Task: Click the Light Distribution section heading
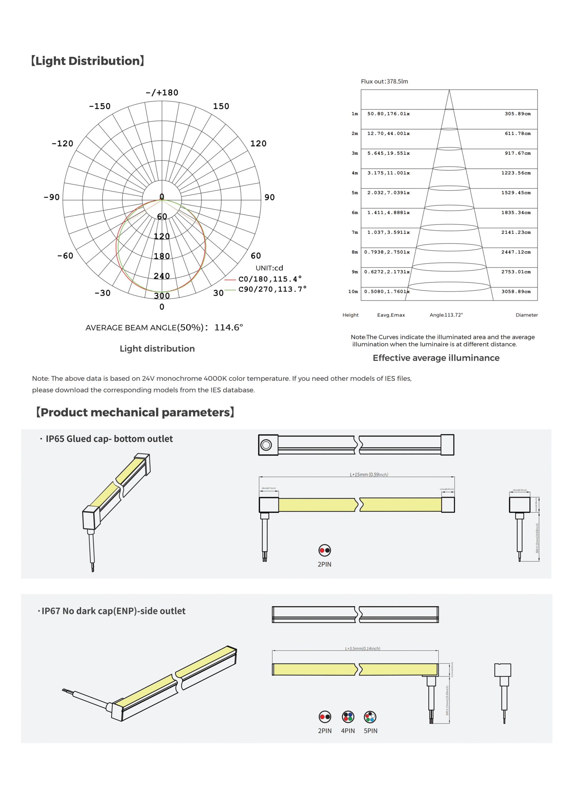(87, 61)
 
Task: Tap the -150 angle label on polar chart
(100, 106)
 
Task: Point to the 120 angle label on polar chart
(258, 143)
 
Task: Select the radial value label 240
(162, 276)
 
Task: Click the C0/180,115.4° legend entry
(270, 279)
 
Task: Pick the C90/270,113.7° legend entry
(272, 289)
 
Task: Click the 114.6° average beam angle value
(228, 327)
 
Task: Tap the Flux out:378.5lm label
(384, 82)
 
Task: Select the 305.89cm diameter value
(517, 114)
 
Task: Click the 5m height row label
(354, 193)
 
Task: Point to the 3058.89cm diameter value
(516, 291)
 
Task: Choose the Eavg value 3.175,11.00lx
(388, 173)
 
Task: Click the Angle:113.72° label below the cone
(446, 315)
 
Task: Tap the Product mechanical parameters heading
(135, 412)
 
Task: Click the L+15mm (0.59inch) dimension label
(369, 474)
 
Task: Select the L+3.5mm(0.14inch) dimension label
(362, 648)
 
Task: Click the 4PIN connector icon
(347, 716)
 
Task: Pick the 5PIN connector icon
(370, 716)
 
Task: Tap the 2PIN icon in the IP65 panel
(325, 550)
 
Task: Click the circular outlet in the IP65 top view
(266, 445)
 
